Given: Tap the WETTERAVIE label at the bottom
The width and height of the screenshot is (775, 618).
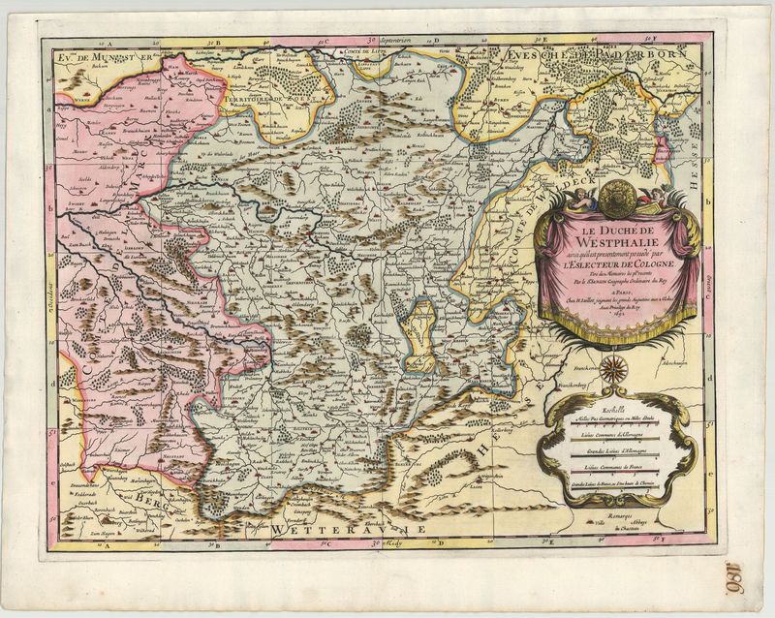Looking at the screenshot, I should tap(349, 531).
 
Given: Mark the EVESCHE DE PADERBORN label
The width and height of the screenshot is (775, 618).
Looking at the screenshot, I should tap(591, 55).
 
